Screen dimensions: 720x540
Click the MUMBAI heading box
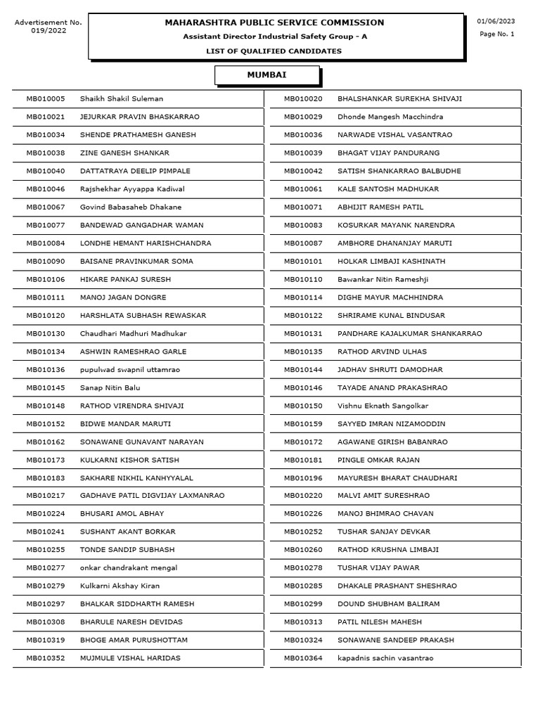tap(266, 75)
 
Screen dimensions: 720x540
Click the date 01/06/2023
tap(496, 22)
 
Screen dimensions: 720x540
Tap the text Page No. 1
tap(496, 34)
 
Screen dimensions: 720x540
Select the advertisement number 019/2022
tap(49, 31)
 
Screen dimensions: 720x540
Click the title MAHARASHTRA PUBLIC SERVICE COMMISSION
tap(274, 22)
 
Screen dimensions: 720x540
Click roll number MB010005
tap(46, 99)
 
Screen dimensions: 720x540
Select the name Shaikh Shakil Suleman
tap(122, 99)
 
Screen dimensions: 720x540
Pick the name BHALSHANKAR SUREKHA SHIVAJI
tap(399, 99)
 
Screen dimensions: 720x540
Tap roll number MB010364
tap(303, 659)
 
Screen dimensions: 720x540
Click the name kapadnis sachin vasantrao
tap(385, 659)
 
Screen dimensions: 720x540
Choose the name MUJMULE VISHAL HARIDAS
tap(130, 659)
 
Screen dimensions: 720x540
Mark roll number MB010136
tap(46, 370)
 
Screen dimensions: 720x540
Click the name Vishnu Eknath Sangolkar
tap(382, 406)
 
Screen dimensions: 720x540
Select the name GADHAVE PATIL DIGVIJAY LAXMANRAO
tap(153, 496)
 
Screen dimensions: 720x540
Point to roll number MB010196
tap(303, 478)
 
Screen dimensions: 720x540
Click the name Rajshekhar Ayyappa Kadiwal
tap(132, 189)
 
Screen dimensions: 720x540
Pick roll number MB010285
tap(303, 586)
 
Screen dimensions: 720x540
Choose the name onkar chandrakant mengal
tap(129, 568)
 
